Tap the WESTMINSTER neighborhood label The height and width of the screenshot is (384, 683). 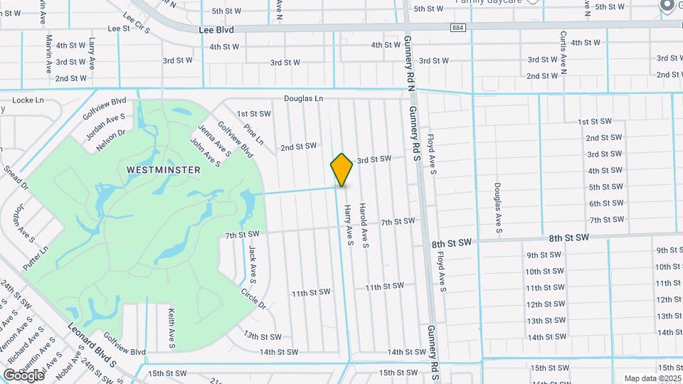163,170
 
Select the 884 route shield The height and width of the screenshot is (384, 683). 457,28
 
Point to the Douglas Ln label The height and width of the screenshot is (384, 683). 304,98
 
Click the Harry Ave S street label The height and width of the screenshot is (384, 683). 349,226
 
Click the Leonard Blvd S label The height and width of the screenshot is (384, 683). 92,345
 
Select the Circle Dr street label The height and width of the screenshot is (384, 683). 253,299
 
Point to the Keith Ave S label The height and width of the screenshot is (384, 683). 171,329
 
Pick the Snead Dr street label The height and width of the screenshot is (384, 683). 15,177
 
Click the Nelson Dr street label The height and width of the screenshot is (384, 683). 111,134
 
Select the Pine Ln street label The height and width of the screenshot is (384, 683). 253,136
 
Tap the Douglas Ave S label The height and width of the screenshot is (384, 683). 499,208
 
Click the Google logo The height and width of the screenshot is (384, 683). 23,375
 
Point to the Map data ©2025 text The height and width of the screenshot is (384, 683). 652,378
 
